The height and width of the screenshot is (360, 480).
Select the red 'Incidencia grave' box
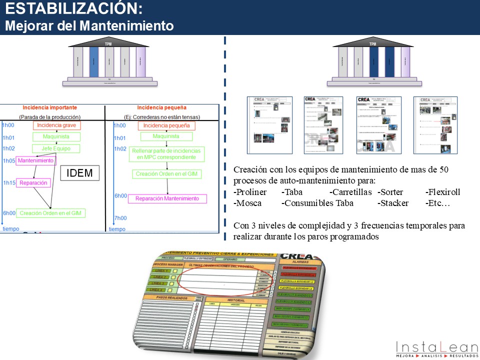point(56,125)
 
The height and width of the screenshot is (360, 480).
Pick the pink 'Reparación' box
point(33,183)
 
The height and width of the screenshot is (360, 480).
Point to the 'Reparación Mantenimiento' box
point(167,198)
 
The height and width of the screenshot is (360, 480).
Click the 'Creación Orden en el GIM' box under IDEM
point(51,213)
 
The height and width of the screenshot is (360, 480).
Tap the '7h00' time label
point(120,218)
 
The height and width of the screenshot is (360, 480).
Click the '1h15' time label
point(8,183)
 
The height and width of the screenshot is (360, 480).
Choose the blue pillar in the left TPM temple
point(93,62)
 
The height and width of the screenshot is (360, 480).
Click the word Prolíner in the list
point(250,192)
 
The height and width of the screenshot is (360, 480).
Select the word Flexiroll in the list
point(442,192)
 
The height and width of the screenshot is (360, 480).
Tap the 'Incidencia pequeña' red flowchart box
point(166,125)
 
